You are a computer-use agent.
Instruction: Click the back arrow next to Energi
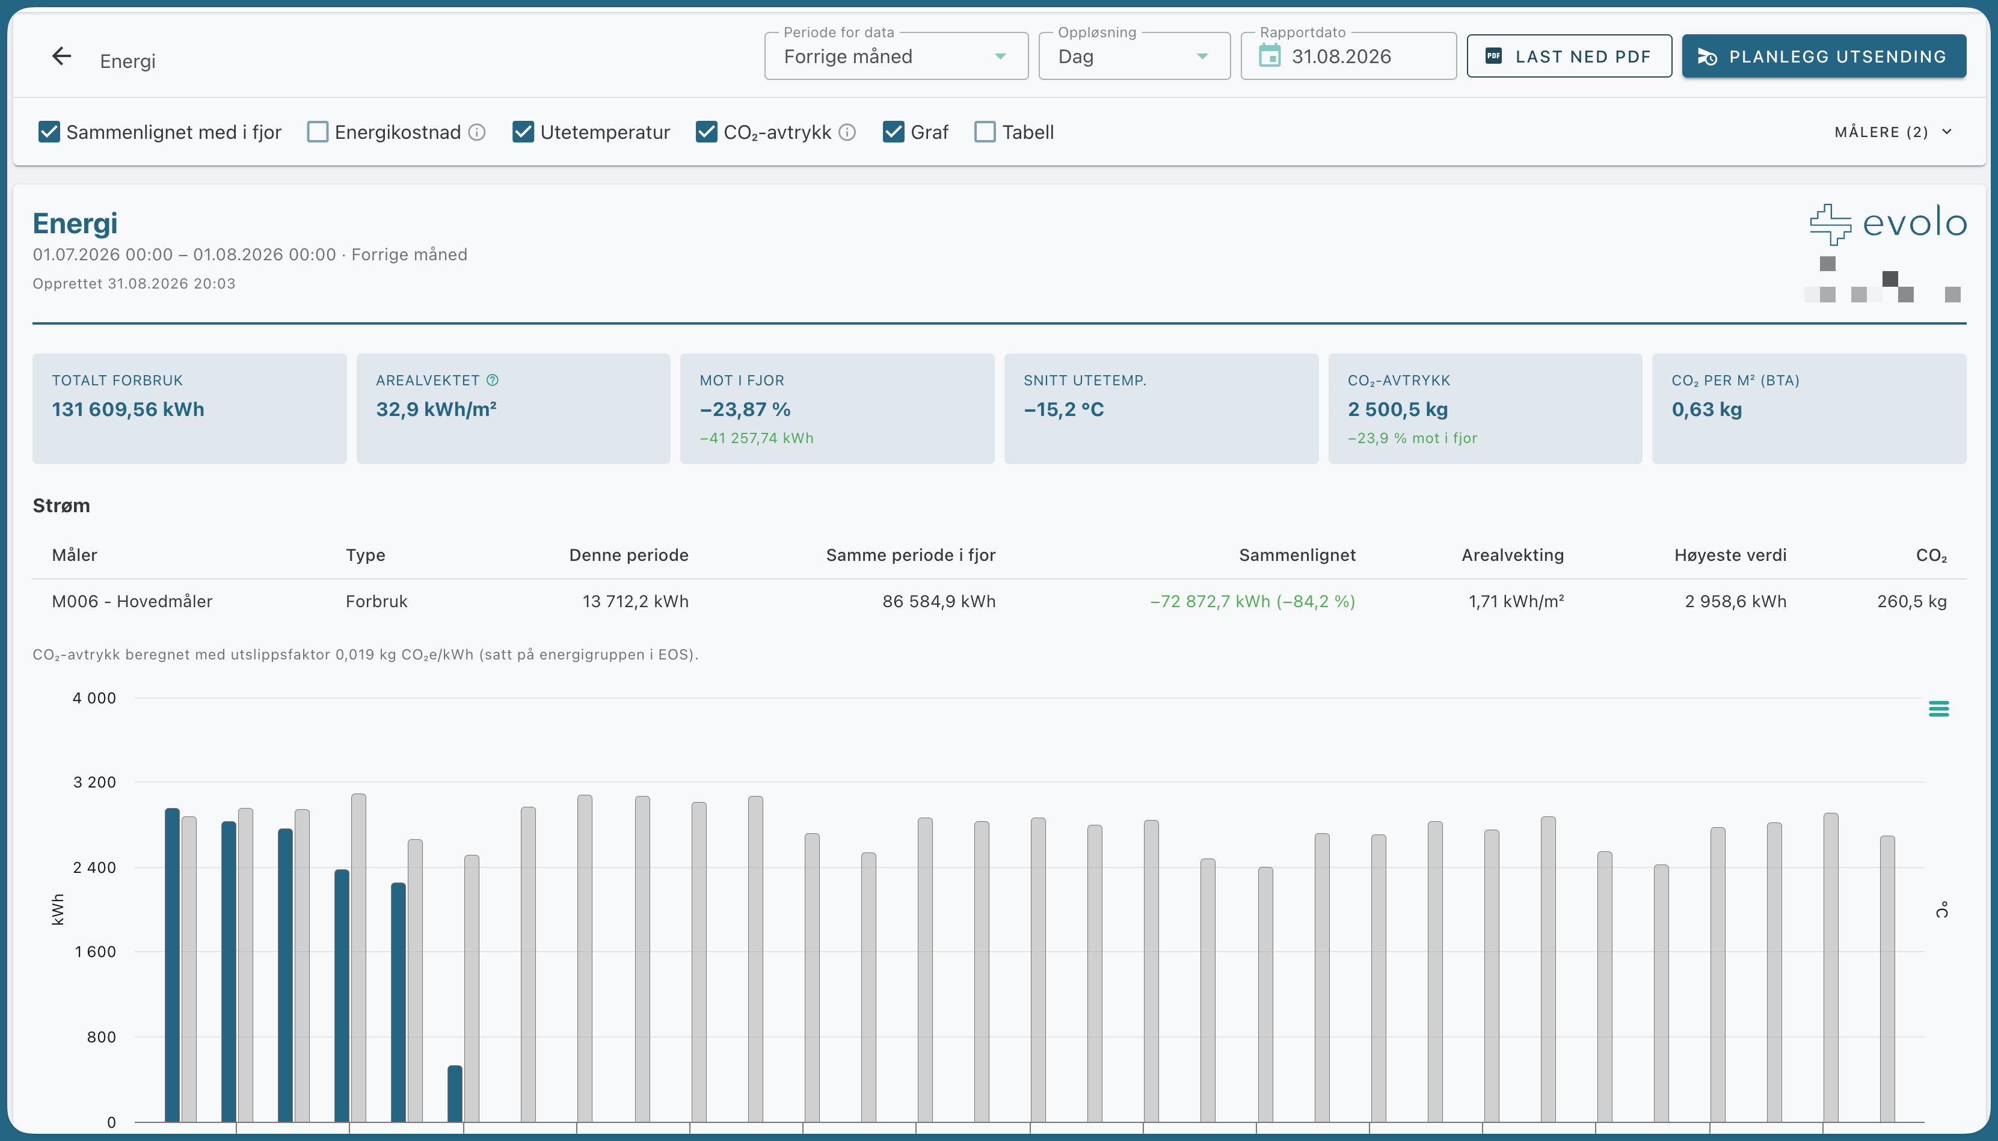61,57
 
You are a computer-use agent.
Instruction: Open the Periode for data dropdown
896,57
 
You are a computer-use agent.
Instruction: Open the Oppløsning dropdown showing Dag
1134,57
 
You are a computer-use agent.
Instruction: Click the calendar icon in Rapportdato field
1270,57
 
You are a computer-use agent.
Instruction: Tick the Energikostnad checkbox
318,132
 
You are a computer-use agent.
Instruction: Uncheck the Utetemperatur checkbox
523,132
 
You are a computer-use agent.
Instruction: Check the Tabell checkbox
985,132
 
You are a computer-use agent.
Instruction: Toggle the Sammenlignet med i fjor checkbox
49,132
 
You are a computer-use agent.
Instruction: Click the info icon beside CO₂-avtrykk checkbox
847,132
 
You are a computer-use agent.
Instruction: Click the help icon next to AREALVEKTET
492,380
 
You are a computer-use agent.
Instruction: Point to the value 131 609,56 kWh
128,409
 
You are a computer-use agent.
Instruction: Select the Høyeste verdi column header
1730,555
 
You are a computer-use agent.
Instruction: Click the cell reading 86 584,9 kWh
938,601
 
